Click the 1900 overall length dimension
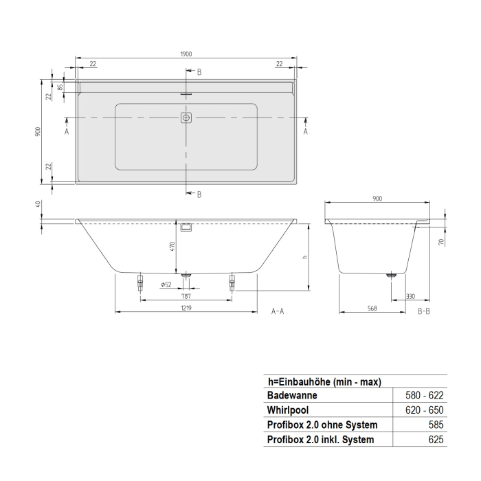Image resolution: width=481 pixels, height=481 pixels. (x=186, y=54)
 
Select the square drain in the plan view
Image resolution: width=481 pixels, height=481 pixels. (x=186, y=118)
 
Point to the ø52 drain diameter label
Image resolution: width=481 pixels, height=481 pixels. (x=166, y=284)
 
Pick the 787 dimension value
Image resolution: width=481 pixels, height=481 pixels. (x=186, y=296)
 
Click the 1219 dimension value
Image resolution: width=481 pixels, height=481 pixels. (x=186, y=309)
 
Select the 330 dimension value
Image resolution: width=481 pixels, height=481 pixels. (x=410, y=296)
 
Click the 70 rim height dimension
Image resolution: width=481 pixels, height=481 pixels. (x=441, y=240)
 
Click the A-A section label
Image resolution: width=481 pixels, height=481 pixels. (x=278, y=311)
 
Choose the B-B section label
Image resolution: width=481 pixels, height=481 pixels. (x=425, y=311)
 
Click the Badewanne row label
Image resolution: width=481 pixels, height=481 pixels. (x=291, y=396)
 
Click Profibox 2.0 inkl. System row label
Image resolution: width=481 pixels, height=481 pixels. (x=320, y=440)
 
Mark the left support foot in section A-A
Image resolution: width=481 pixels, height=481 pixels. (x=140, y=281)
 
